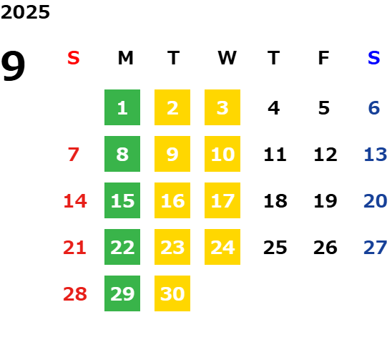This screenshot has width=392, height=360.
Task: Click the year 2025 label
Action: (25, 12)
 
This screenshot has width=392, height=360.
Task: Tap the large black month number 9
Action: (13, 66)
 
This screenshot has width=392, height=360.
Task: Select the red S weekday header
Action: (74, 58)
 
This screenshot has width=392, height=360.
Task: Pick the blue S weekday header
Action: (374, 58)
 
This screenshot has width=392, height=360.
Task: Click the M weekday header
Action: (125, 58)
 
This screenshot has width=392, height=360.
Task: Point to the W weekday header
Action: (227, 58)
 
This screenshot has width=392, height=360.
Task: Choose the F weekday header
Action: (324, 58)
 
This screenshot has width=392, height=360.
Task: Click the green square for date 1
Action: (122, 107)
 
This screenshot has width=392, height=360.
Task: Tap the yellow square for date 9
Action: (172, 154)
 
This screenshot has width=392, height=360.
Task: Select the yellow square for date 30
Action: (172, 293)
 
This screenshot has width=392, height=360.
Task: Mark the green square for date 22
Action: (122, 247)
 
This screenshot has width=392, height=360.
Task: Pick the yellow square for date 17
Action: (222, 200)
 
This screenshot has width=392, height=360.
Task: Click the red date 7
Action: (74, 155)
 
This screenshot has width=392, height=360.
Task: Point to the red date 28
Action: (75, 293)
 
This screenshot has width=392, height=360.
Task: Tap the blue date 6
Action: (374, 108)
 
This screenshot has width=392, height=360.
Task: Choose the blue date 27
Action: (376, 248)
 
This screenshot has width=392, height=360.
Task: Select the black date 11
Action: (275, 155)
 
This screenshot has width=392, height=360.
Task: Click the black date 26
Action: (325, 248)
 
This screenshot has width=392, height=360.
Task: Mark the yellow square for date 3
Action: (222, 107)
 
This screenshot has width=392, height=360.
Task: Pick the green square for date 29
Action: (122, 293)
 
